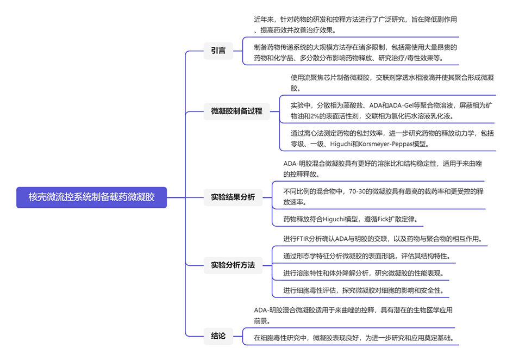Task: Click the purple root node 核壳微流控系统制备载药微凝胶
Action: (91, 197)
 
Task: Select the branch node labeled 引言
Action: (218, 51)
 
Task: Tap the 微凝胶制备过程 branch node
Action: (236, 111)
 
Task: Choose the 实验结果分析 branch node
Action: (233, 197)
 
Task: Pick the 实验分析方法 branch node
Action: (233, 265)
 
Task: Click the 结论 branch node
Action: (218, 336)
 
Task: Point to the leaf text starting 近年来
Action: (355, 24)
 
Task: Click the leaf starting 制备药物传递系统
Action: (355, 52)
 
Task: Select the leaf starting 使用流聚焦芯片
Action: (392, 83)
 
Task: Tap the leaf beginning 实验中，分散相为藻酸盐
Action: (392, 110)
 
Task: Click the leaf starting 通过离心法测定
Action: (392, 138)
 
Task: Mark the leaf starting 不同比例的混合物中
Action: (383, 197)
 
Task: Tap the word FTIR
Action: (306, 239)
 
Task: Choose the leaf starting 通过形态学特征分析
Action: (366, 256)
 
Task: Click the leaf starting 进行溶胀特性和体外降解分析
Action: (364, 273)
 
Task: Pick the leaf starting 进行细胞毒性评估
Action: (364, 290)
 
